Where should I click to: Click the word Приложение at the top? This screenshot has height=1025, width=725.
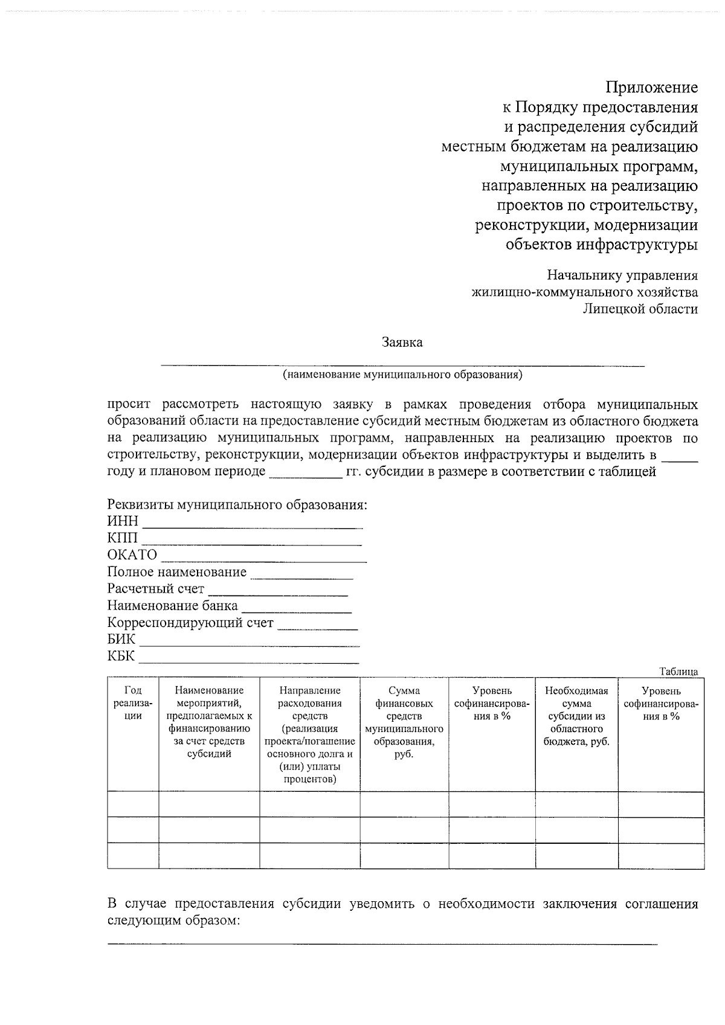click(x=652, y=88)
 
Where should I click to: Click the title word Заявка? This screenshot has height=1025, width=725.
click(x=402, y=342)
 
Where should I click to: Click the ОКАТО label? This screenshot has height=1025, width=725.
click(x=132, y=554)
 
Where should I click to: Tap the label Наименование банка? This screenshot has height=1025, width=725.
click(x=172, y=605)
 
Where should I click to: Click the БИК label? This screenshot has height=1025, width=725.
click(x=121, y=639)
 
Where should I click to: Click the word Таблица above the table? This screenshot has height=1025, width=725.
click(x=678, y=672)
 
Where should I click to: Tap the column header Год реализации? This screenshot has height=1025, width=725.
click(x=132, y=703)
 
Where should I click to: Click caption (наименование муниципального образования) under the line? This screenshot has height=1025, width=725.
click(x=402, y=374)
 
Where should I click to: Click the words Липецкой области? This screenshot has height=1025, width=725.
click(x=640, y=309)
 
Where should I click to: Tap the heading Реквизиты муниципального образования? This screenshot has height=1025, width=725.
click(x=237, y=504)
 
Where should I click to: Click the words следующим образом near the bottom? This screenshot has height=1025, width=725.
click(x=173, y=921)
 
